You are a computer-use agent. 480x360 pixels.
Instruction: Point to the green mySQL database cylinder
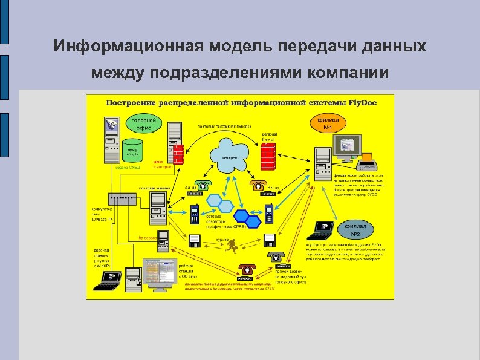133,150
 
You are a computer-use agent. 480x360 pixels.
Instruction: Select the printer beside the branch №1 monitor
370,163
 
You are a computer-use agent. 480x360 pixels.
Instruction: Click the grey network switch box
122,198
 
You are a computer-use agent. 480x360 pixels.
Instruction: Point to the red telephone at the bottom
246,270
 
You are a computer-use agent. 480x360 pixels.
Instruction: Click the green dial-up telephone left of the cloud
202,186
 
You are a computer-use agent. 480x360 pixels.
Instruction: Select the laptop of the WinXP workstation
111,278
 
